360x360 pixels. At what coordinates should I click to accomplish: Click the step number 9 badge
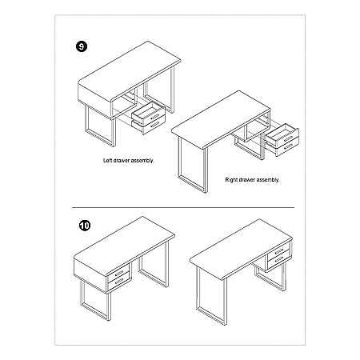82,46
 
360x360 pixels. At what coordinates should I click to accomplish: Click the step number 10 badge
85,226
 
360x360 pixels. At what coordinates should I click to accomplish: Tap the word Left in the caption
107,161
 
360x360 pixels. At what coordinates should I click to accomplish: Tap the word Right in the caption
231,180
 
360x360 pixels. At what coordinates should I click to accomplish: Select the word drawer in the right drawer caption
246,180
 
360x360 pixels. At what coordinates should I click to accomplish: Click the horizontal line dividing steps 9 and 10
183,207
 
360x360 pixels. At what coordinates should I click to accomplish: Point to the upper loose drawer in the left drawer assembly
148,113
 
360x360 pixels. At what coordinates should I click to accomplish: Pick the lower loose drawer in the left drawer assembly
149,126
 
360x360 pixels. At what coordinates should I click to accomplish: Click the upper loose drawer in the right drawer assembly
282,134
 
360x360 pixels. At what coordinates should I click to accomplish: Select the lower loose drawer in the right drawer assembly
282,148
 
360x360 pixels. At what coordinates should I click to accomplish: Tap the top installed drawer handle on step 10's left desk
119,273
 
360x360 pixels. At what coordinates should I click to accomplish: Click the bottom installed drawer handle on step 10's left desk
119,281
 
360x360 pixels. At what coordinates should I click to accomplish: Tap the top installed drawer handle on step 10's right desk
279,251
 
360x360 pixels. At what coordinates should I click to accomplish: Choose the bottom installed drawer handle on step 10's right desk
279,259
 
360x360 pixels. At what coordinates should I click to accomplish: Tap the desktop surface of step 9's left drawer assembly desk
130,70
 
